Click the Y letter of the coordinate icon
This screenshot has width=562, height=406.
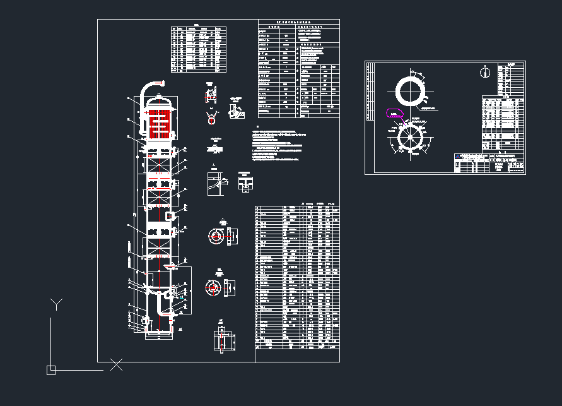[57, 304]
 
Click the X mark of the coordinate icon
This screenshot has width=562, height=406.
[116, 364]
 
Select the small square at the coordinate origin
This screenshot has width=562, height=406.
[51, 370]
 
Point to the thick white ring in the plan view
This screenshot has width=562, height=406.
[411, 92]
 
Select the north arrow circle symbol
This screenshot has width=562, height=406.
[484, 73]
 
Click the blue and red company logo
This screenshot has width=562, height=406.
[457, 155]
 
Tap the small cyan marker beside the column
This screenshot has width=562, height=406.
[182, 296]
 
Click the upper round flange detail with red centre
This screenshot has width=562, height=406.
[216, 236]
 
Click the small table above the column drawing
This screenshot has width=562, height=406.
[198, 49]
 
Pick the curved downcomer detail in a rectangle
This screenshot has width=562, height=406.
[216, 183]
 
